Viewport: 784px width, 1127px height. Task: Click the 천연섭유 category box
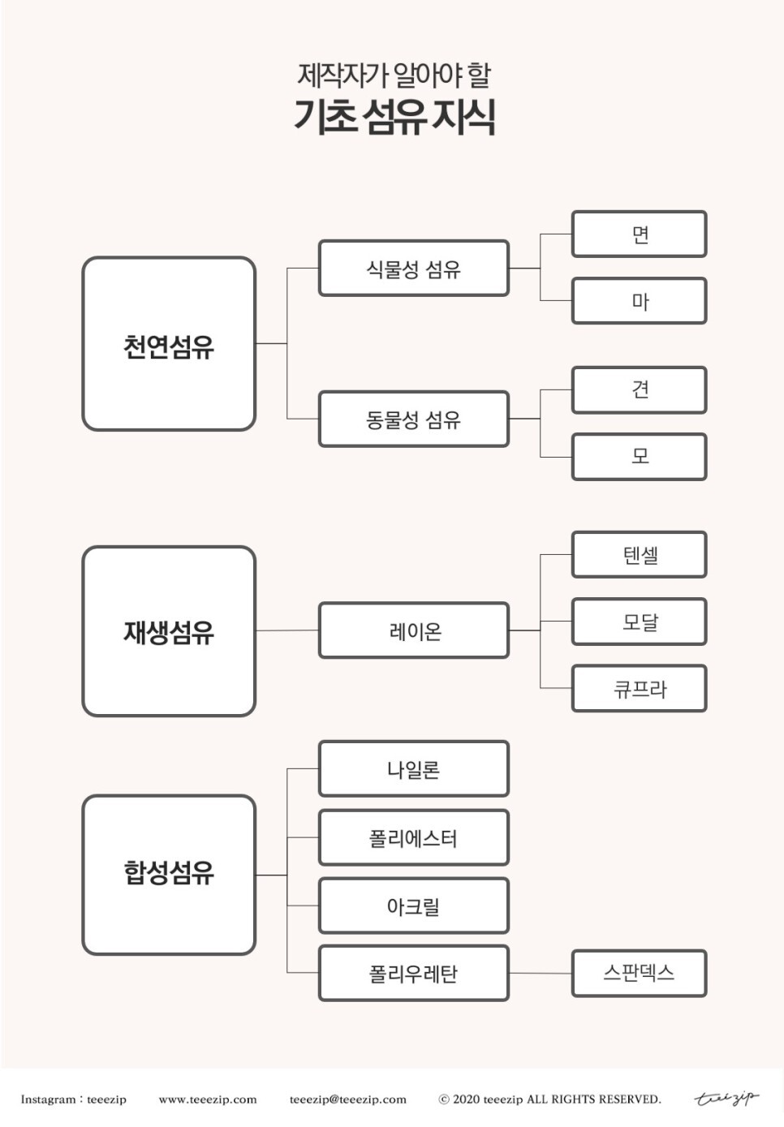point(169,344)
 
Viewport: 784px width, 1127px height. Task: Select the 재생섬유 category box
point(169,631)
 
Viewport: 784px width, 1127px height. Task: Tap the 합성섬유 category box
point(169,874)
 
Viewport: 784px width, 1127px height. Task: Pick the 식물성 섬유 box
point(413,268)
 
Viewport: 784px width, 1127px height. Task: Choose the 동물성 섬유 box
point(413,419)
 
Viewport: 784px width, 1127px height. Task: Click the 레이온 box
point(413,630)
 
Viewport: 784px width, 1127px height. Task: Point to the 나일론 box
point(413,768)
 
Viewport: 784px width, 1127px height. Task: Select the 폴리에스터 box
point(413,837)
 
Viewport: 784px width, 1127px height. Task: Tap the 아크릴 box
point(413,905)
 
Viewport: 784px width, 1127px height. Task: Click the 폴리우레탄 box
point(413,973)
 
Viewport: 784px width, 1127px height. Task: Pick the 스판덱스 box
point(639,973)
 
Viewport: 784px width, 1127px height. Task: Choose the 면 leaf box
point(639,234)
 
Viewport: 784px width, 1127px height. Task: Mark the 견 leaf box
point(639,389)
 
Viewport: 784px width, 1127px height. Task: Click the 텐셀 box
point(639,555)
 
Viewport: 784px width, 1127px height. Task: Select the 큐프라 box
point(639,689)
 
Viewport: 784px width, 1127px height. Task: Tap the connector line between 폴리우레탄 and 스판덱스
point(541,973)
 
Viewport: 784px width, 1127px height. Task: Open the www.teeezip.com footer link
point(208,1099)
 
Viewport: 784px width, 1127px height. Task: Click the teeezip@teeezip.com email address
point(347,1099)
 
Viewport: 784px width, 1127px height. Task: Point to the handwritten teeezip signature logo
point(726,1099)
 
